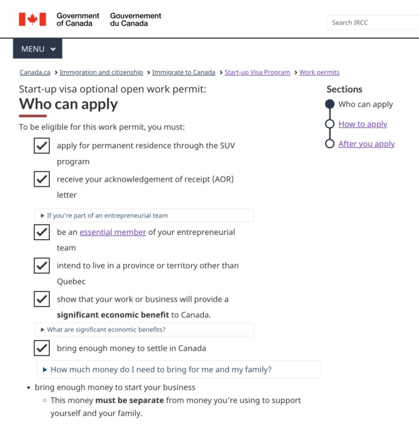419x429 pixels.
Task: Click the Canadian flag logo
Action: click(x=32, y=19)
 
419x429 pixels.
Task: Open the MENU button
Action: click(x=38, y=49)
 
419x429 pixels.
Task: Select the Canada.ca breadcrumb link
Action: click(x=35, y=72)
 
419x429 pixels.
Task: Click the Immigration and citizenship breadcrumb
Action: click(x=101, y=72)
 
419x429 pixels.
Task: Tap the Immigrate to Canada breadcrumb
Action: click(x=183, y=72)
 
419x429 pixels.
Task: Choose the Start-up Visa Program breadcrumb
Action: click(x=257, y=72)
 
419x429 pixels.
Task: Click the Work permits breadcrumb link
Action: click(x=319, y=72)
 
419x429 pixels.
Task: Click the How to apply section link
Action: click(x=363, y=124)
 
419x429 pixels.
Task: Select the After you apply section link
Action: click(x=366, y=143)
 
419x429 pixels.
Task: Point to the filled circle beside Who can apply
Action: click(x=329, y=104)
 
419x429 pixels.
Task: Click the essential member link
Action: click(x=113, y=232)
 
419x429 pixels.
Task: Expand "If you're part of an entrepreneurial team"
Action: click(x=108, y=216)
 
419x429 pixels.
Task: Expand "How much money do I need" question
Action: click(x=161, y=370)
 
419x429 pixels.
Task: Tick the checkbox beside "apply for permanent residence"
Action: click(x=41, y=145)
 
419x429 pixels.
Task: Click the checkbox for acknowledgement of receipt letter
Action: click(x=41, y=179)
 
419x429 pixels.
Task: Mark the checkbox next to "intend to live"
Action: click(x=41, y=266)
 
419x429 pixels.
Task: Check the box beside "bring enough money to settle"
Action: click(x=41, y=348)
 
